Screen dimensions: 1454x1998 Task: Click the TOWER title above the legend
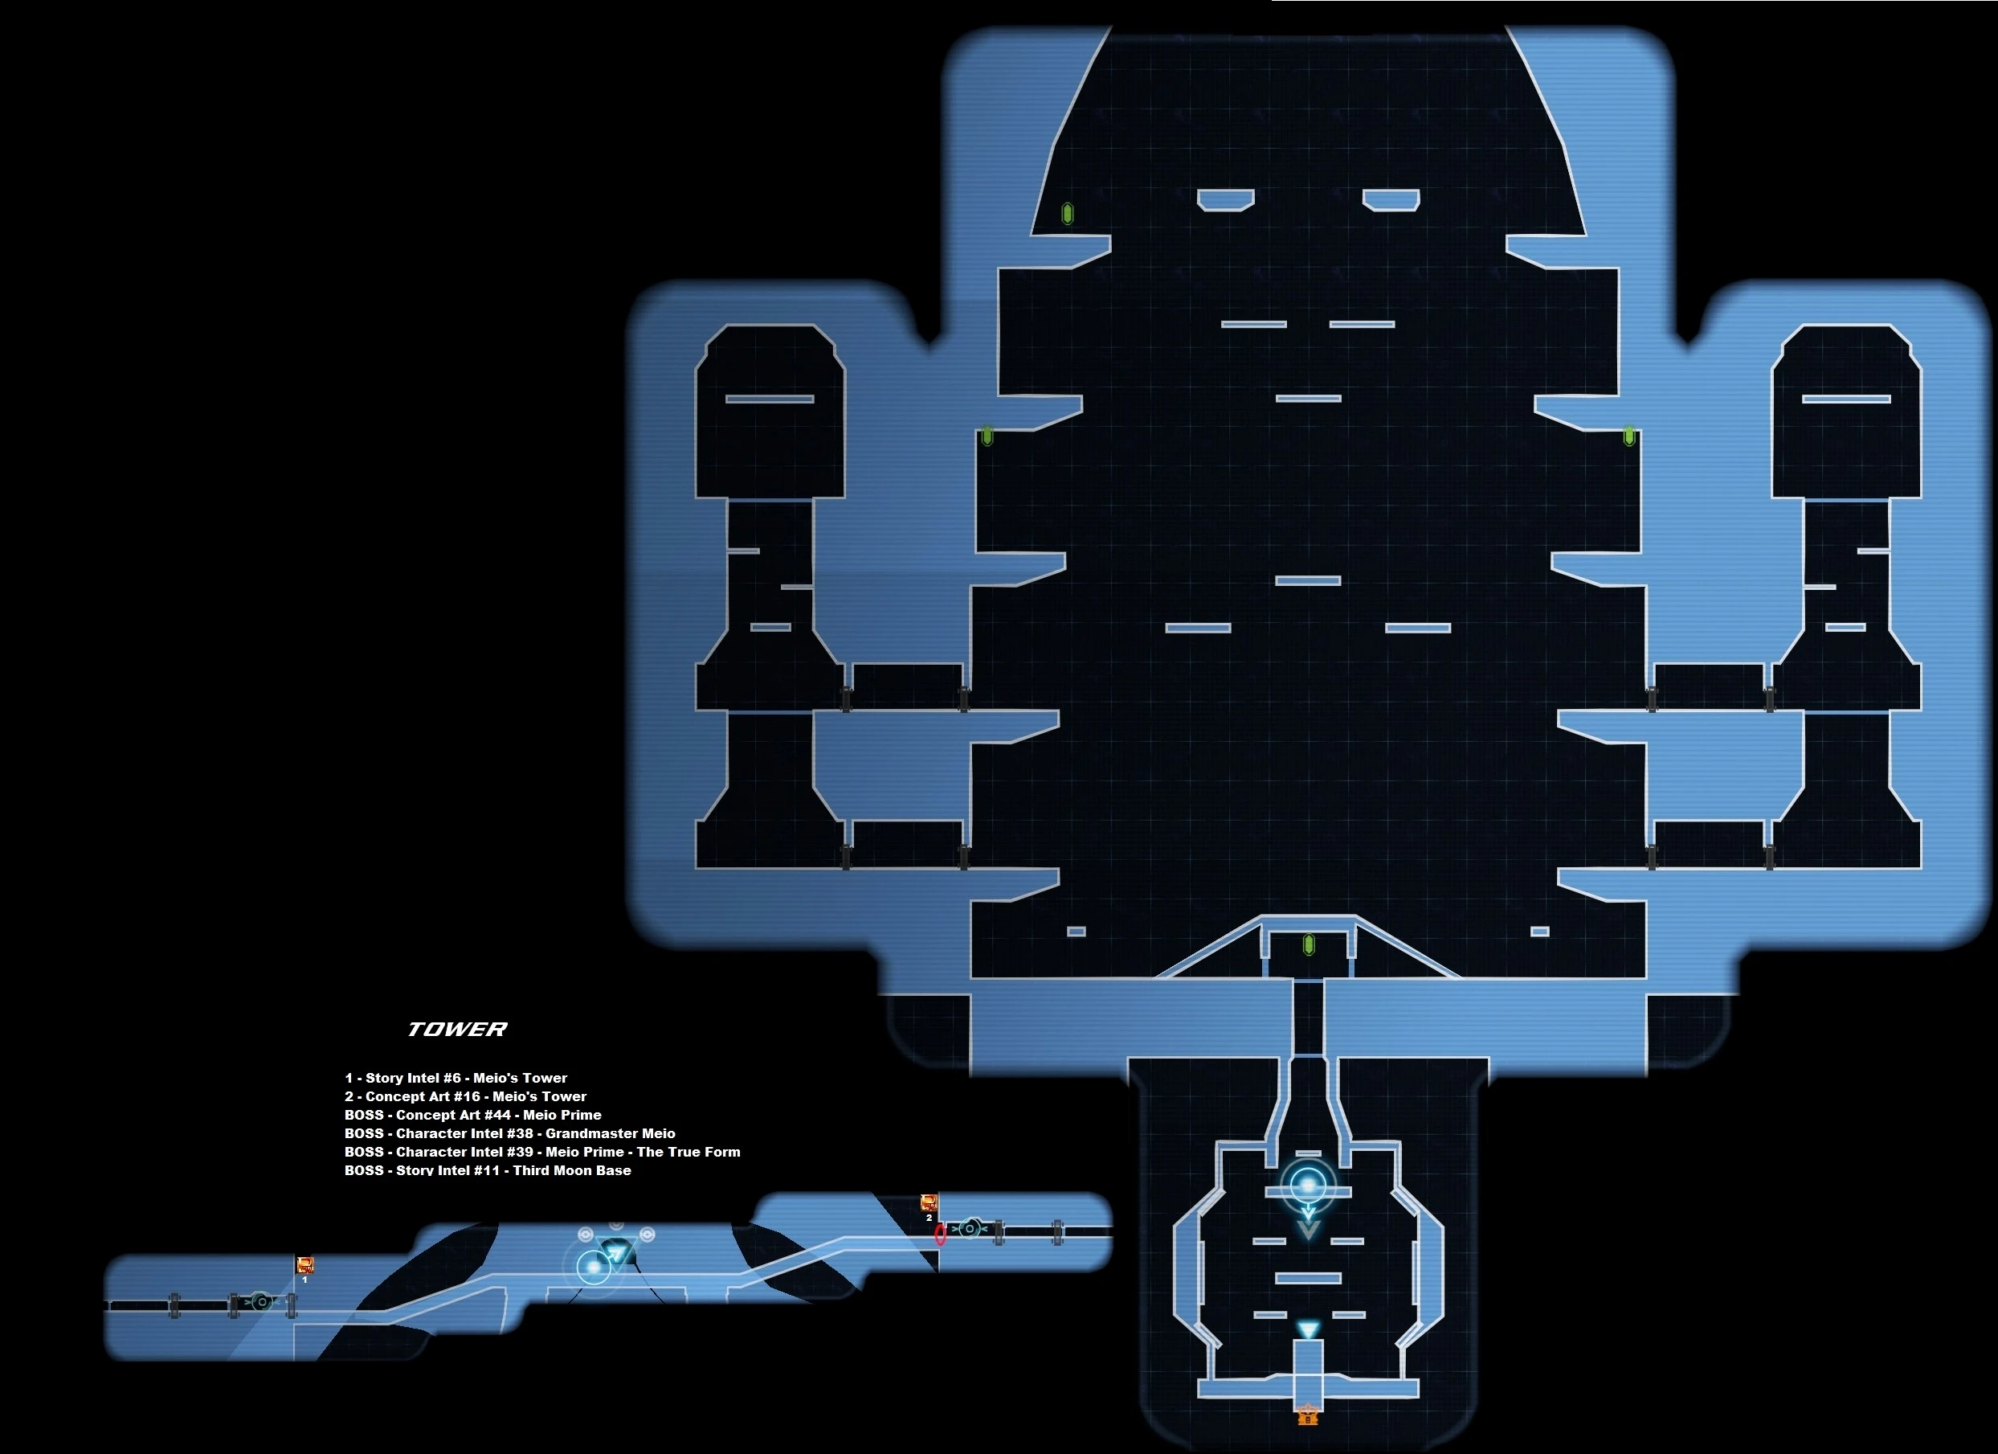[x=456, y=1030]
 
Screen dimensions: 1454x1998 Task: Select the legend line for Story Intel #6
[x=456, y=1078]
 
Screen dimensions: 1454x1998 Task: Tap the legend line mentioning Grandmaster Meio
[x=509, y=1133]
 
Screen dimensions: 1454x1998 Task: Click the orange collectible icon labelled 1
[x=304, y=1265]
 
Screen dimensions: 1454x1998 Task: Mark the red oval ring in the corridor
[x=940, y=1234]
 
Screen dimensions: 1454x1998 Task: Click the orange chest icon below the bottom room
[x=1308, y=1415]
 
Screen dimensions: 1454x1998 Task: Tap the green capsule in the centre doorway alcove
[x=1308, y=945]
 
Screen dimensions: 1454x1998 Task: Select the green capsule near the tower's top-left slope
[x=1067, y=213]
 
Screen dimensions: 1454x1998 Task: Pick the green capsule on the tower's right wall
[x=1629, y=436]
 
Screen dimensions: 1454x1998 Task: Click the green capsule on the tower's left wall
[x=987, y=436]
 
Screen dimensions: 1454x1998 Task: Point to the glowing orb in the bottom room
[x=1308, y=1186]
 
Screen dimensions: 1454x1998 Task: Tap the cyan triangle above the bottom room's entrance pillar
[x=1308, y=1329]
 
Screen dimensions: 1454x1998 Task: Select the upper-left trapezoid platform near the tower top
[x=1225, y=200]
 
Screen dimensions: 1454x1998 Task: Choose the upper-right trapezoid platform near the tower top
[x=1391, y=200]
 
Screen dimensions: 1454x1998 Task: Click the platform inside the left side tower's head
[x=769, y=399]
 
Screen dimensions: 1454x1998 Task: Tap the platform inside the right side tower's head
[x=1845, y=399]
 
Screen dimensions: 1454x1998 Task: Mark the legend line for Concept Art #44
[x=472, y=1115]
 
